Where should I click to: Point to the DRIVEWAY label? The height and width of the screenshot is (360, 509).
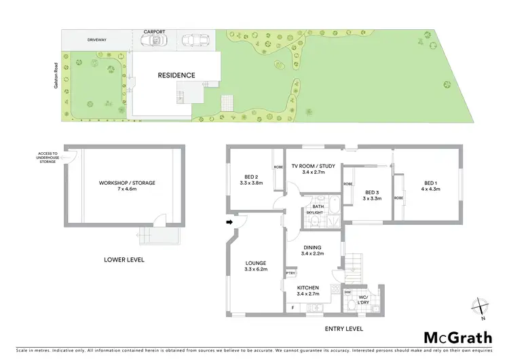click(x=98, y=40)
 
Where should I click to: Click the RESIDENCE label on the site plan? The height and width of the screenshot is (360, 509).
click(x=176, y=75)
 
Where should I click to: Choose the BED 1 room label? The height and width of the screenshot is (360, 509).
click(x=432, y=185)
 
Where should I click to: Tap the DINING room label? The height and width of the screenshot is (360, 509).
click(x=312, y=251)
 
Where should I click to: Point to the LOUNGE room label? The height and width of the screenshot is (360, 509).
click(x=256, y=266)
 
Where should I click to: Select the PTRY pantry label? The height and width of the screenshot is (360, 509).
click(x=290, y=273)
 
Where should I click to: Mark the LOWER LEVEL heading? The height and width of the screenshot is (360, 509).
click(x=124, y=259)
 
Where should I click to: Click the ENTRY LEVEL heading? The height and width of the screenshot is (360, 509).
click(x=344, y=329)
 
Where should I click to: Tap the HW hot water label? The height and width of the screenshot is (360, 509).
click(x=347, y=293)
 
